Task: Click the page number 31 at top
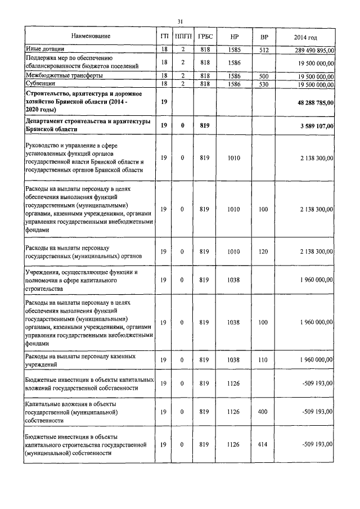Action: tap(180, 21)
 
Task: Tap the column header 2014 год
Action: tap(305, 38)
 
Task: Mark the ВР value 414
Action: tap(263, 445)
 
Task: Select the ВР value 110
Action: tap(263, 359)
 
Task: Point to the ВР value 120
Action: tap(263, 253)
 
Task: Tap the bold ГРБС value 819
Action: tap(204, 125)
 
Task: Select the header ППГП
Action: tap(183, 37)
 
